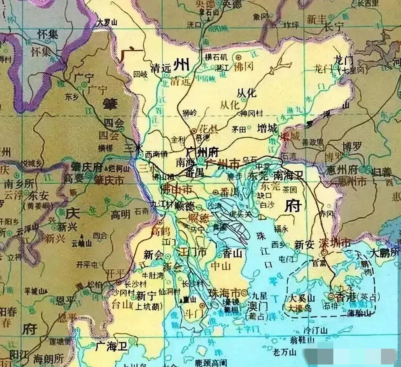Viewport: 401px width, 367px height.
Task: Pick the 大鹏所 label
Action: tap(384, 253)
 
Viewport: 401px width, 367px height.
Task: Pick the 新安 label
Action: tap(304, 244)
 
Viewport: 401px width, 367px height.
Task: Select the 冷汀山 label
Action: tap(305, 329)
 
